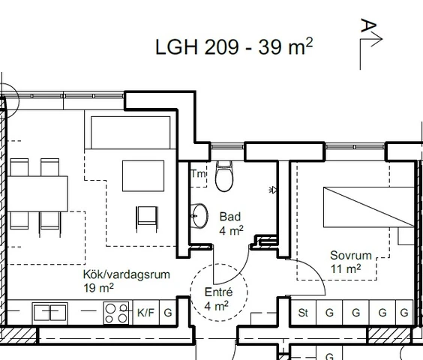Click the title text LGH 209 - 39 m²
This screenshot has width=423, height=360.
[234, 46]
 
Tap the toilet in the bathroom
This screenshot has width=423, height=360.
[224, 176]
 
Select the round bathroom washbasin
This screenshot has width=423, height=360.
[199, 216]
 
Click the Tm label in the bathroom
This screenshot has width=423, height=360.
[199, 173]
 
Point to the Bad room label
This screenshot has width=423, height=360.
[230, 217]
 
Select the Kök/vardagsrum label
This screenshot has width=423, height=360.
[127, 274]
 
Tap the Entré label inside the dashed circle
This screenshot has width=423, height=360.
[218, 292]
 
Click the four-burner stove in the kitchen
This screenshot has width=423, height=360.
[116, 313]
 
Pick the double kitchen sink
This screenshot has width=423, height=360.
[50, 313]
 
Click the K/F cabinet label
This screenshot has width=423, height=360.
[145, 313]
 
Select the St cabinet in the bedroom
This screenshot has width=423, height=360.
[303, 312]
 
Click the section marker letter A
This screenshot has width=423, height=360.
[368, 25]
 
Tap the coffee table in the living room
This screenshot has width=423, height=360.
[143, 176]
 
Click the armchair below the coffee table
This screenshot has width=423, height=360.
[147, 218]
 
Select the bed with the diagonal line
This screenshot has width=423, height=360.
[369, 207]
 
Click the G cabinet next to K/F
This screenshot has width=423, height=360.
[168, 313]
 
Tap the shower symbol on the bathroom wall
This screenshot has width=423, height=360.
[273, 190]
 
